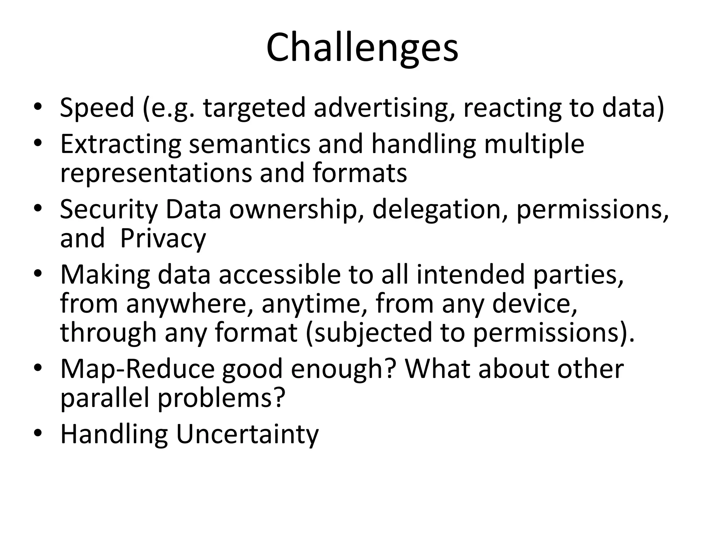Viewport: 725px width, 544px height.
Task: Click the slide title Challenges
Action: click(x=362, y=48)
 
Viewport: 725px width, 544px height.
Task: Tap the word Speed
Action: click(x=97, y=108)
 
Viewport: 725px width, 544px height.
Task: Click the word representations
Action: click(x=155, y=173)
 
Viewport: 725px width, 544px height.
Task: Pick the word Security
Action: click(x=108, y=209)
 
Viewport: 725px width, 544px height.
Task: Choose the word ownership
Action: click(x=293, y=209)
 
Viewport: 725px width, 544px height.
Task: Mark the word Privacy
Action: click(x=163, y=239)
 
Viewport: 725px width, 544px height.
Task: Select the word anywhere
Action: click(x=190, y=304)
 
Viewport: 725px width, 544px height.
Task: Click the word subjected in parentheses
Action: click(x=373, y=333)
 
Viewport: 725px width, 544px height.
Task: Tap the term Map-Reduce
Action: click(x=137, y=369)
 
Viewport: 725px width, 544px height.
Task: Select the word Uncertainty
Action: click(x=247, y=435)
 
